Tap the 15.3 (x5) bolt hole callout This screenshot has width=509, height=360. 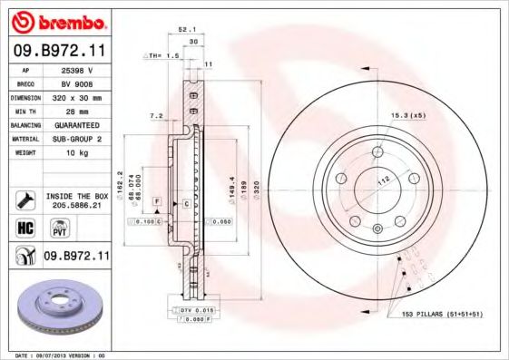pyautogui.click(x=409, y=115)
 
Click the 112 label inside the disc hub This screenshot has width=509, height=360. pyautogui.click(x=383, y=180)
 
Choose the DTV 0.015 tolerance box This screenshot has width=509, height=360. pyautogui.click(x=195, y=310)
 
